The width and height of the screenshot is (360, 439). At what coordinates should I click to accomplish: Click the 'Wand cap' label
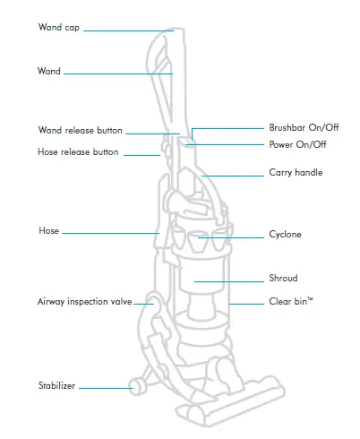point(59,28)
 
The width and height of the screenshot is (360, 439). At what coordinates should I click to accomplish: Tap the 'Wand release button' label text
point(81,131)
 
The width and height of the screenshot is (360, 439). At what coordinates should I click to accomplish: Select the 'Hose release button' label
point(78,152)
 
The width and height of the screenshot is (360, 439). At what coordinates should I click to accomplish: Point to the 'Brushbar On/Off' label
point(303,127)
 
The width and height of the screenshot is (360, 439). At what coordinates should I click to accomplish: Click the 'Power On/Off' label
point(297,144)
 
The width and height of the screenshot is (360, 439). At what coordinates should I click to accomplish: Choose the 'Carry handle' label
point(296,172)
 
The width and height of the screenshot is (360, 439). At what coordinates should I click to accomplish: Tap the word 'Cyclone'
point(285,235)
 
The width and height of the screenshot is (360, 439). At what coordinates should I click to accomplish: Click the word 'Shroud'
point(283,279)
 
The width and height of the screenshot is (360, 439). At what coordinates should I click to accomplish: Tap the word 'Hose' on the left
point(48,231)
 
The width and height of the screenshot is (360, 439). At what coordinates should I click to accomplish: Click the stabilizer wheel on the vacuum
point(137,387)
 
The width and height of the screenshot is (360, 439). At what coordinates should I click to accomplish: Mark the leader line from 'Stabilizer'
point(104,387)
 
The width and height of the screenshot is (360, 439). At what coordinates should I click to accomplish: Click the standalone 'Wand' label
point(49,71)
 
